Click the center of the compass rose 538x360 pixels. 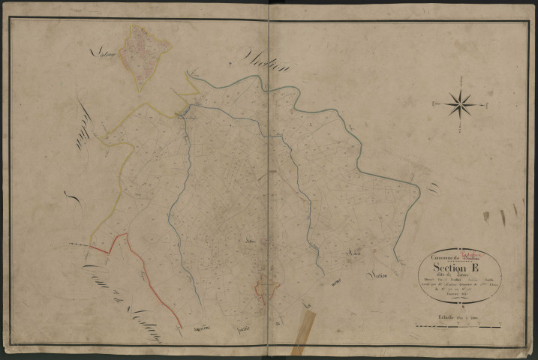459,103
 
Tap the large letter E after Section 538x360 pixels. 475,267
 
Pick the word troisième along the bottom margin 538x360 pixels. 200,329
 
